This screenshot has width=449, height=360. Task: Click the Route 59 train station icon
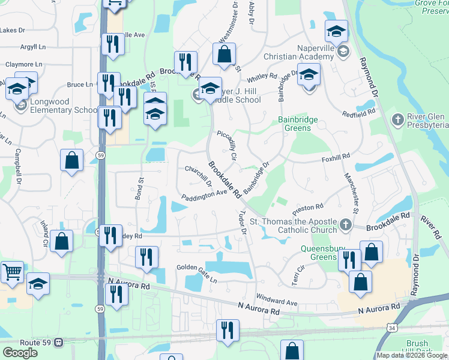point(59,343)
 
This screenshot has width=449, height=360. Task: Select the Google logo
point(20,352)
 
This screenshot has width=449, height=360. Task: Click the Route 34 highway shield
point(391,328)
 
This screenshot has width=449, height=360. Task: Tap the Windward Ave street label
point(277,299)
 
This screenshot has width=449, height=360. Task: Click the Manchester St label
point(351,193)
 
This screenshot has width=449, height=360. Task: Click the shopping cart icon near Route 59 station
point(12,272)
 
